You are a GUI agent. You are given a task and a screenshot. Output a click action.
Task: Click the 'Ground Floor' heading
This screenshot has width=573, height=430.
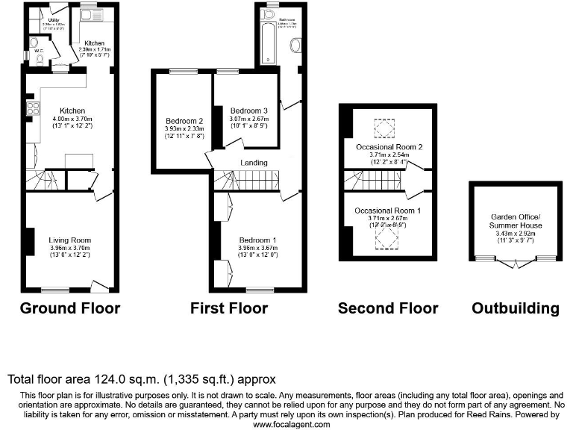[x=69, y=308]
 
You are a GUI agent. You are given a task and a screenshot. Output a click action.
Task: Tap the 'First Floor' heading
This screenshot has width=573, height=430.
[x=229, y=308]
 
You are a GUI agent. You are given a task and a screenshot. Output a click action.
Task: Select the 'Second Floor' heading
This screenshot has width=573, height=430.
[x=388, y=308]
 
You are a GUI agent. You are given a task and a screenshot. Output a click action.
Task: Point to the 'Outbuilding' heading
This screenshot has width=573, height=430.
[x=515, y=308]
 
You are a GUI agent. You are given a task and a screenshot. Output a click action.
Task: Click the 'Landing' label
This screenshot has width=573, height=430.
[x=254, y=162]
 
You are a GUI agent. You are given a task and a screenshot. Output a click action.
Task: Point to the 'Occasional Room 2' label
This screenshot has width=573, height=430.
[x=389, y=147]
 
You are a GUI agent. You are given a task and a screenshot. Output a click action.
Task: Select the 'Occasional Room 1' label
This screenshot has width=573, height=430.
[x=388, y=211]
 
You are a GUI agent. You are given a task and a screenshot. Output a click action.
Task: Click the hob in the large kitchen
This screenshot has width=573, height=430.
[x=33, y=110]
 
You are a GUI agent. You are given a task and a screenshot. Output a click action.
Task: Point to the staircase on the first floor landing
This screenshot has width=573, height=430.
[x=246, y=179]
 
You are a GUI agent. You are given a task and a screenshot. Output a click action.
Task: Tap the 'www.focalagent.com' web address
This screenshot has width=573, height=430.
[x=291, y=424]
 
